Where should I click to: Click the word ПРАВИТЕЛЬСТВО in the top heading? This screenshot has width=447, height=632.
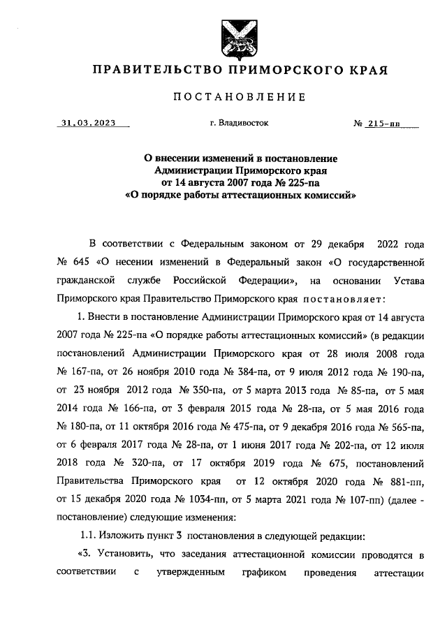pos(147,71)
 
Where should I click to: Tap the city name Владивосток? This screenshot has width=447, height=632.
pos(239,123)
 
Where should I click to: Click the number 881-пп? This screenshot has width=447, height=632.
pos(404,481)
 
